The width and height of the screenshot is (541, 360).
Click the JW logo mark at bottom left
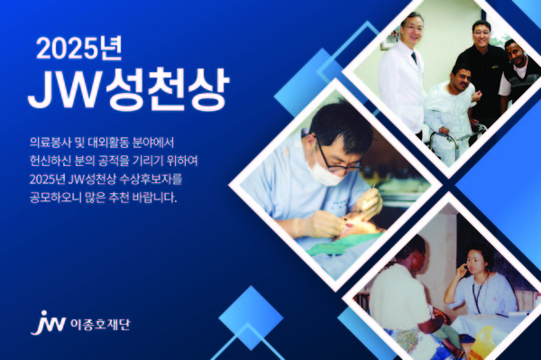[41, 322]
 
